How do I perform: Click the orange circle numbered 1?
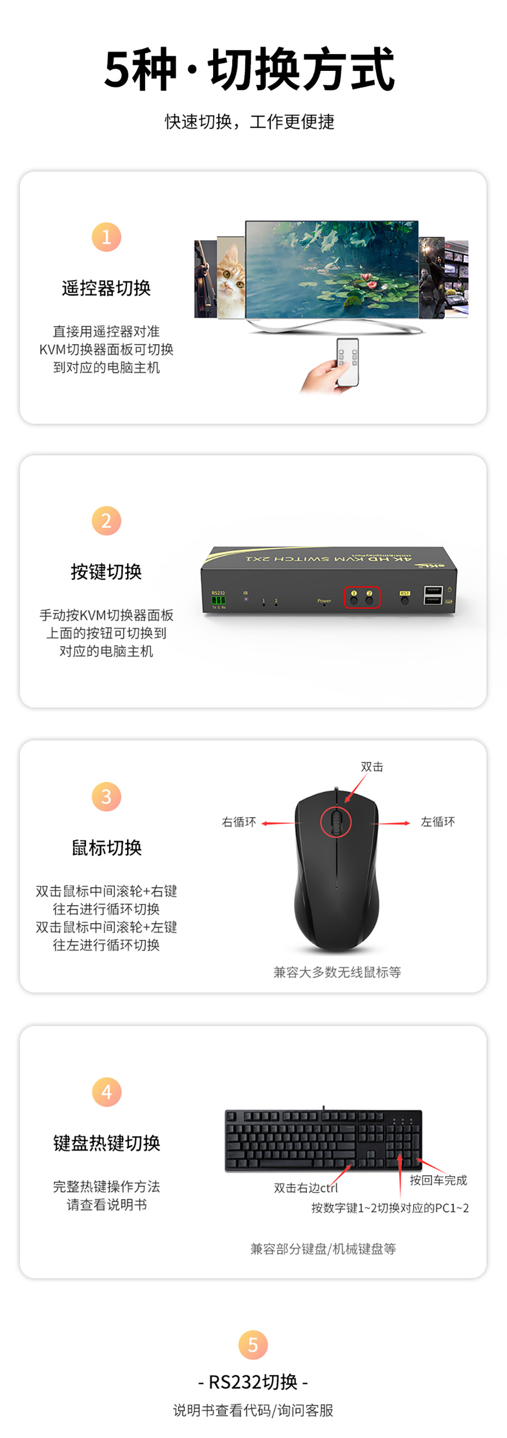tap(106, 237)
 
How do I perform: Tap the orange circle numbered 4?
tap(106, 1092)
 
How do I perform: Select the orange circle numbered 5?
tap(253, 1345)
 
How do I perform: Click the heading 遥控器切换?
tap(106, 288)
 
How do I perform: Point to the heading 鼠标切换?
tap(106, 847)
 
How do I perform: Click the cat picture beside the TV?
tap(231, 278)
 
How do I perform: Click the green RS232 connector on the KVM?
tap(218, 600)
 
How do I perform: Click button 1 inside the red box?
tap(354, 599)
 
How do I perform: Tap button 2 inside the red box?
tap(369, 599)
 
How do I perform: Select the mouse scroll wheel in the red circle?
tap(336, 822)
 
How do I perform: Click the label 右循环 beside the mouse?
tap(239, 822)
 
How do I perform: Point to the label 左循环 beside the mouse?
tap(438, 822)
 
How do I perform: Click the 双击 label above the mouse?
tap(372, 767)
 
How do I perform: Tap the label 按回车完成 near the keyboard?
tap(438, 1180)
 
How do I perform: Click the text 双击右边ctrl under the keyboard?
tap(306, 1188)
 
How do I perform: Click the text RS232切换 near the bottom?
tap(253, 1382)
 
